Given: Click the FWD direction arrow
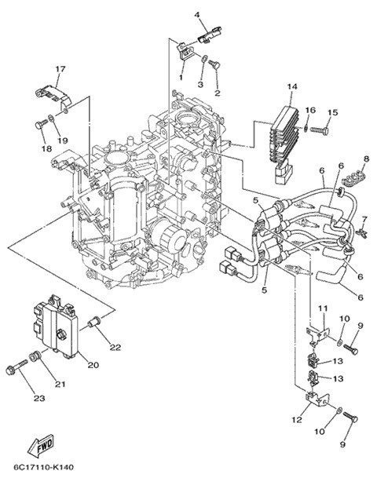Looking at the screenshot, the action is click(x=41, y=446).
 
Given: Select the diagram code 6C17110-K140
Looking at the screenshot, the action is click(x=43, y=467).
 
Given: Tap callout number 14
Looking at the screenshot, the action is click(x=292, y=86).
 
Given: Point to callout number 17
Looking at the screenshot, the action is click(x=60, y=69).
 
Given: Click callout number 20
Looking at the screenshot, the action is click(x=93, y=365).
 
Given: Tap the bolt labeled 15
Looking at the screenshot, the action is click(x=320, y=130).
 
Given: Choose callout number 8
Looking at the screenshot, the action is click(x=366, y=159).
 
